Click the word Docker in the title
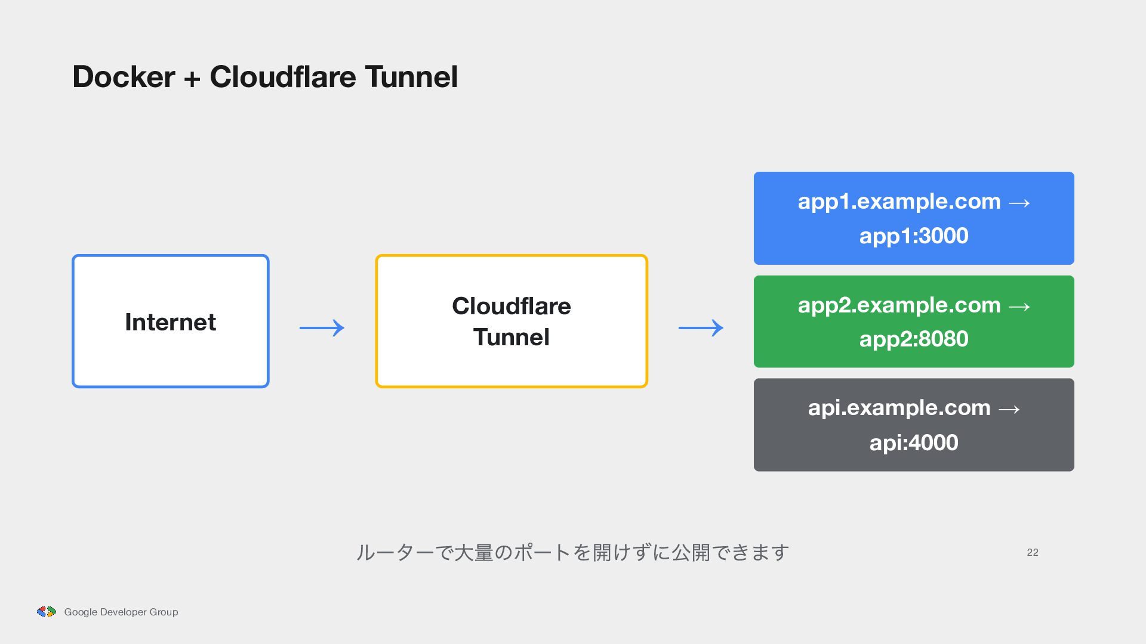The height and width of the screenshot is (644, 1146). coord(124,77)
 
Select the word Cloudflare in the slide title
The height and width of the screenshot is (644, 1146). coord(283,77)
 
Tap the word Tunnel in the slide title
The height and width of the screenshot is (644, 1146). coord(411,77)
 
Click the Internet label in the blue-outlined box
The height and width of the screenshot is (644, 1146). coord(170,322)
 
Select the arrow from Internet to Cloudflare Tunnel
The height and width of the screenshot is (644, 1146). coord(322,327)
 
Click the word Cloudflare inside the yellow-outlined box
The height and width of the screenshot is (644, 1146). coord(512,306)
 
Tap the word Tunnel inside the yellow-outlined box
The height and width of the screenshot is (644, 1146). coord(512,337)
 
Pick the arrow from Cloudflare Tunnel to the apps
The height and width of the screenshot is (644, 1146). coord(701,327)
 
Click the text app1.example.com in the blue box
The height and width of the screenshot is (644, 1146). coord(899,202)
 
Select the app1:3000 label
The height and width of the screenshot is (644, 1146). coord(914,236)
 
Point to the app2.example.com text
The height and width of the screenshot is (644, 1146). coord(899,305)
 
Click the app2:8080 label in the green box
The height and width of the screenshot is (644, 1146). coord(914,339)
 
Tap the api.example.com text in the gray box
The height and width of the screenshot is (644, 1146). coord(899,408)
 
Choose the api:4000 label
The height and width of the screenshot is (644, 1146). coord(914,442)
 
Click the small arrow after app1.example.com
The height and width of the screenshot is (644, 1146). coord(1019,203)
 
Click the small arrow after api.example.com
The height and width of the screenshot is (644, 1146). coord(1009,409)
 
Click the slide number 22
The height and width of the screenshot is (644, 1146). coord(1033,552)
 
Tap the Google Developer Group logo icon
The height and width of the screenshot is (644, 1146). coord(47,611)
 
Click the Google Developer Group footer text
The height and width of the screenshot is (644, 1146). coord(121,612)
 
